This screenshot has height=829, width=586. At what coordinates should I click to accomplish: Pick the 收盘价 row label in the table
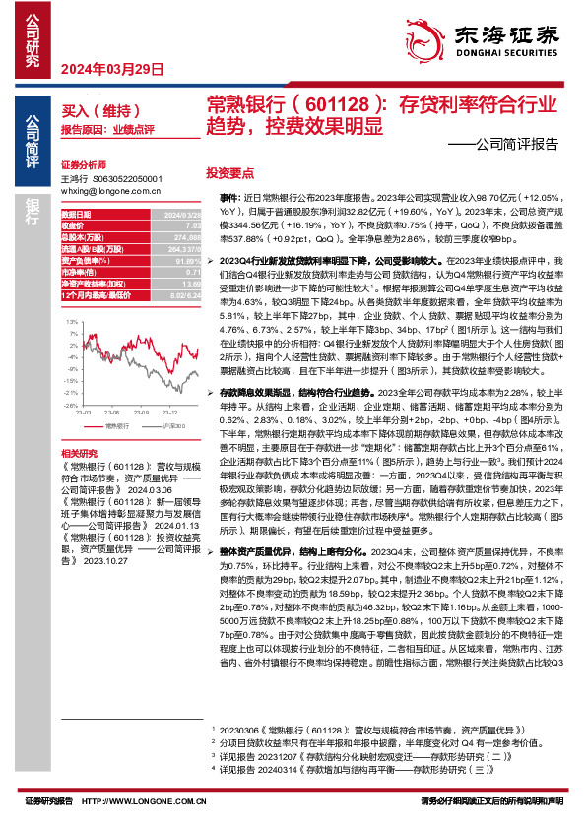point(75,223)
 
